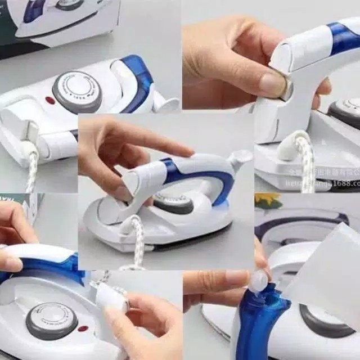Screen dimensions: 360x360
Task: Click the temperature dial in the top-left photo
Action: (78, 91)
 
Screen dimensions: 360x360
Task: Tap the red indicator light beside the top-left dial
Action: (49, 100)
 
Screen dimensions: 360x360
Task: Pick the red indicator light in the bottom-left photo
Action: (83, 328)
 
